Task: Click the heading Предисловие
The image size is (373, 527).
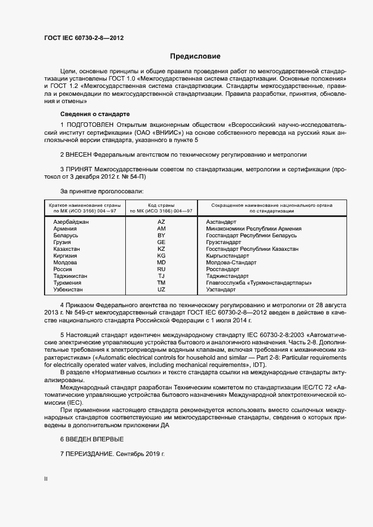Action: point(195,56)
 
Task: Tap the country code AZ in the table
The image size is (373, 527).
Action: point(161,222)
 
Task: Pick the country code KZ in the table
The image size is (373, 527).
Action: point(161,249)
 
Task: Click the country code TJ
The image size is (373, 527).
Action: point(161,276)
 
